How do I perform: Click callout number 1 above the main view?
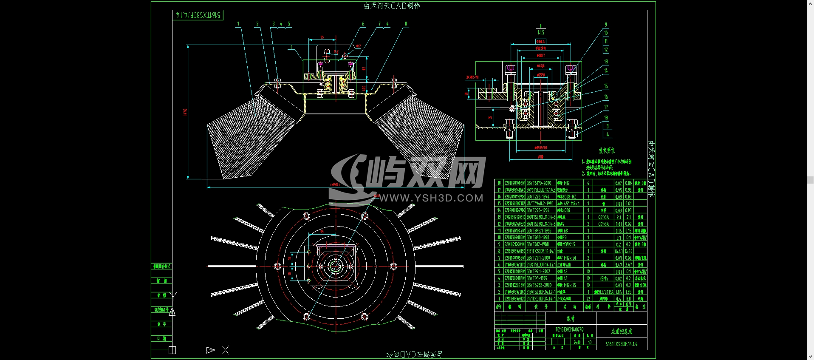tap(238, 24)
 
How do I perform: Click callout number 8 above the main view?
tap(406, 24)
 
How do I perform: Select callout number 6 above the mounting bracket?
tap(363, 24)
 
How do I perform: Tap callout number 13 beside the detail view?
tap(606, 62)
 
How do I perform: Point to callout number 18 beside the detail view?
tap(606, 118)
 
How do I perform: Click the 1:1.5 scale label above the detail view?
tap(540, 32)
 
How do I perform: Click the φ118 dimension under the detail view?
tap(540, 157)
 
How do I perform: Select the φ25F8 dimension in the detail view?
tap(540, 75)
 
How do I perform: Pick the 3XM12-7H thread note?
tap(472, 77)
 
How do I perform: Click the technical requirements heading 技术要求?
tap(607, 150)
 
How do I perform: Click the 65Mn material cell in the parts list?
tap(603, 278)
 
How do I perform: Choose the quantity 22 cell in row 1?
tap(588, 299)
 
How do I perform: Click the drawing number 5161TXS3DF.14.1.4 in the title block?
tap(622, 344)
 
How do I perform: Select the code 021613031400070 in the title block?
tap(569, 329)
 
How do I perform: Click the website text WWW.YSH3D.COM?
tap(431, 198)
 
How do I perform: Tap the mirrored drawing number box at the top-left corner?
tap(198, 15)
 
